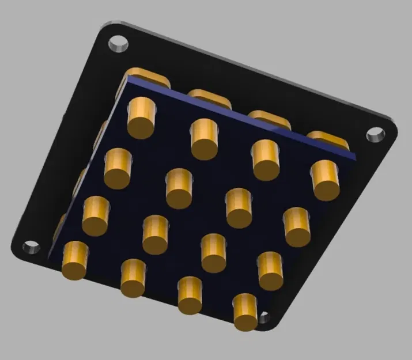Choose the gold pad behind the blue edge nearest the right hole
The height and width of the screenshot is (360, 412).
tap(327, 139)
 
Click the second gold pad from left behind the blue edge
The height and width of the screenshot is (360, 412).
tap(209, 96)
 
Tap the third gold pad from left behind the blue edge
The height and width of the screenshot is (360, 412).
tap(269, 118)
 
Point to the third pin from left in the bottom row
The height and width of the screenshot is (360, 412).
tap(190, 295)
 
